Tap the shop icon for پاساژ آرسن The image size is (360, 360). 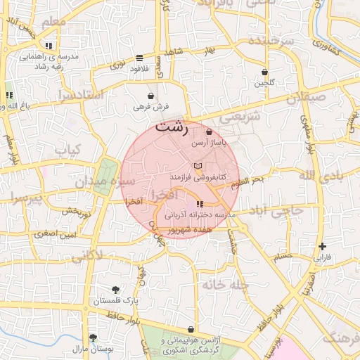pos(209,132)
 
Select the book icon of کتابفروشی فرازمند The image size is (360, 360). pos(198,165)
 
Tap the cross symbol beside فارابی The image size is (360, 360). pos(322,246)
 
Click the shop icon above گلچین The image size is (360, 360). pos(264,72)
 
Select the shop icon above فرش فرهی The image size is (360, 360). pos(151,96)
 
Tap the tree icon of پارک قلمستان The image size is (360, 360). pos(116,289)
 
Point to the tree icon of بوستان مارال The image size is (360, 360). pos(93,338)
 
